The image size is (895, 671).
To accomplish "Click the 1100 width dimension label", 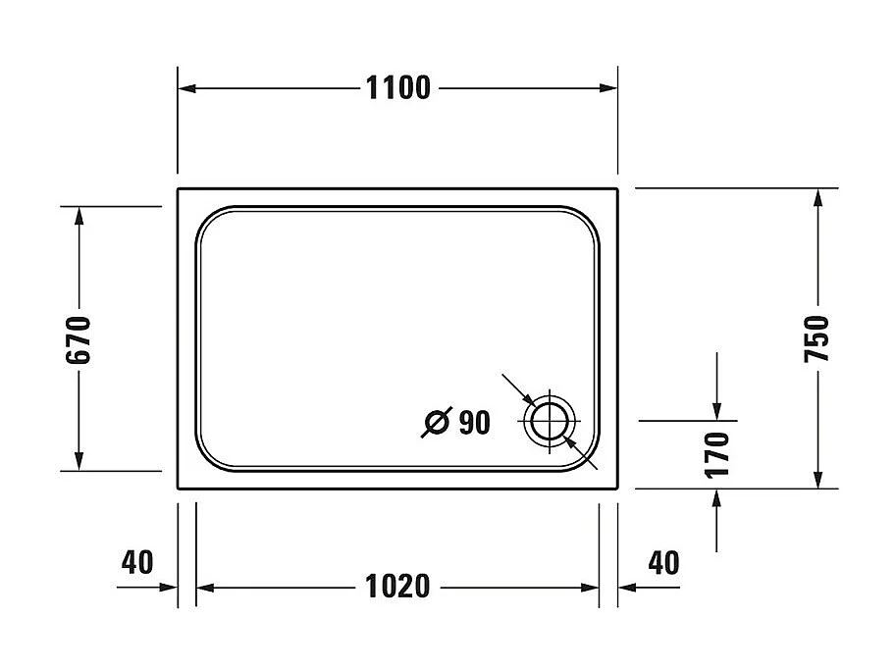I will tap(397, 88).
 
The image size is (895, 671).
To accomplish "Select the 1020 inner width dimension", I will tap(397, 588).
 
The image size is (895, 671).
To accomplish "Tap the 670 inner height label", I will tap(79, 339).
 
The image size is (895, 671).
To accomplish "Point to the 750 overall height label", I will tap(816, 339).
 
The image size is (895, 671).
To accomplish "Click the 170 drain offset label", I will tap(718, 453).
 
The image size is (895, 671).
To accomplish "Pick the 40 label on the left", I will tap(137, 562).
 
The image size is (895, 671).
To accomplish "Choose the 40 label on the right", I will tap(664, 562).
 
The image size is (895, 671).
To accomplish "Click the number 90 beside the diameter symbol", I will tap(473, 423).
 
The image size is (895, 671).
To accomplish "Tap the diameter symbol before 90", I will tap(436, 423).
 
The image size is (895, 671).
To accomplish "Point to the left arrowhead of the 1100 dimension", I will tap(185, 88).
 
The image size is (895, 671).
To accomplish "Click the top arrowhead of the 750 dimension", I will tap(816, 195).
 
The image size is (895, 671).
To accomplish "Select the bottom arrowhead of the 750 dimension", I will tap(816, 480).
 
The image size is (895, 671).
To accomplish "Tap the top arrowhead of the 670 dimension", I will tap(79, 215).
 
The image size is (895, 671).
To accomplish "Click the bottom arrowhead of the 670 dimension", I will tap(79, 463).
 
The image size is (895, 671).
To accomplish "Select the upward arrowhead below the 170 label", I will tap(718, 496).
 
